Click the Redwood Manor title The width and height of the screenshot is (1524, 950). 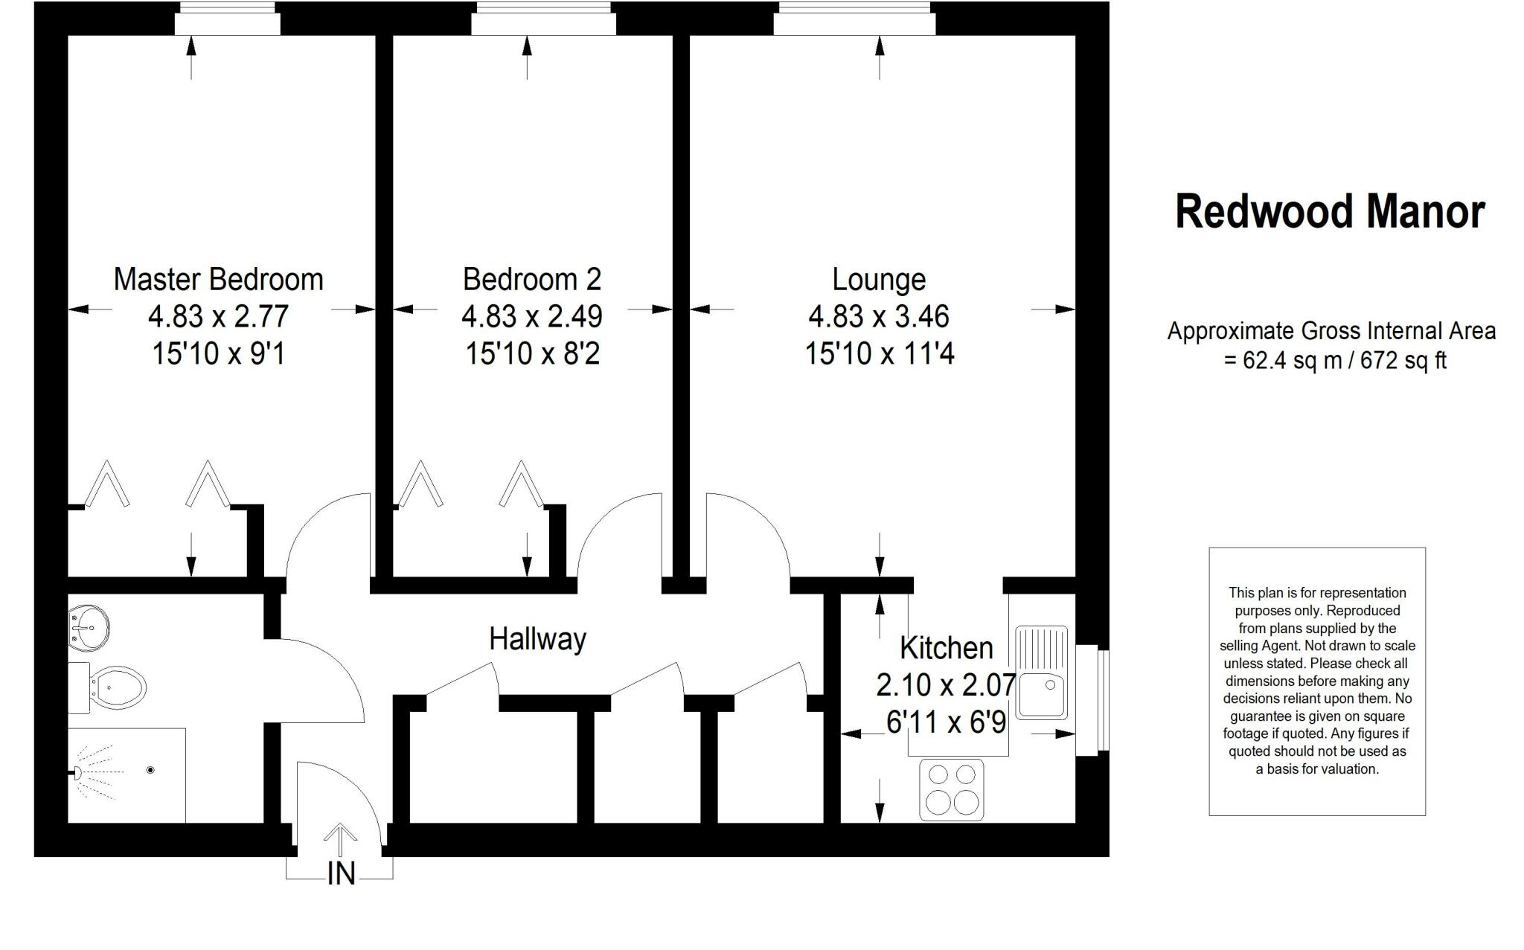[1330, 212]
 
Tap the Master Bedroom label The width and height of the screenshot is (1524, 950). [218, 280]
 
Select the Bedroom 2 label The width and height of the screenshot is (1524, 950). [531, 280]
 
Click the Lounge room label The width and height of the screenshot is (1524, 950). [879, 280]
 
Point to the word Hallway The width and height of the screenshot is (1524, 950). [537, 639]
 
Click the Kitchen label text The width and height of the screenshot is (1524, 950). [946, 648]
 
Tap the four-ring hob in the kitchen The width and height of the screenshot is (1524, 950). [951, 790]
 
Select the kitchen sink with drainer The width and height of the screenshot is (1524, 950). [1042, 673]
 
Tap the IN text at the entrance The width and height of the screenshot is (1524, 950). [341, 873]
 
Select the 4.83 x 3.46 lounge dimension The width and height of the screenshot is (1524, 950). [879, 317]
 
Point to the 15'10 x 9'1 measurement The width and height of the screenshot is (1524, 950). [218, 353]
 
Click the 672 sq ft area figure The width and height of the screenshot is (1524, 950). [1403, 361]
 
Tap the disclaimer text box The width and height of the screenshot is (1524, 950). [1316, 681]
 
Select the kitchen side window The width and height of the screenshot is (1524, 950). [1092, 702]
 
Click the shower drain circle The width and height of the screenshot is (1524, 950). [151, 770]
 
